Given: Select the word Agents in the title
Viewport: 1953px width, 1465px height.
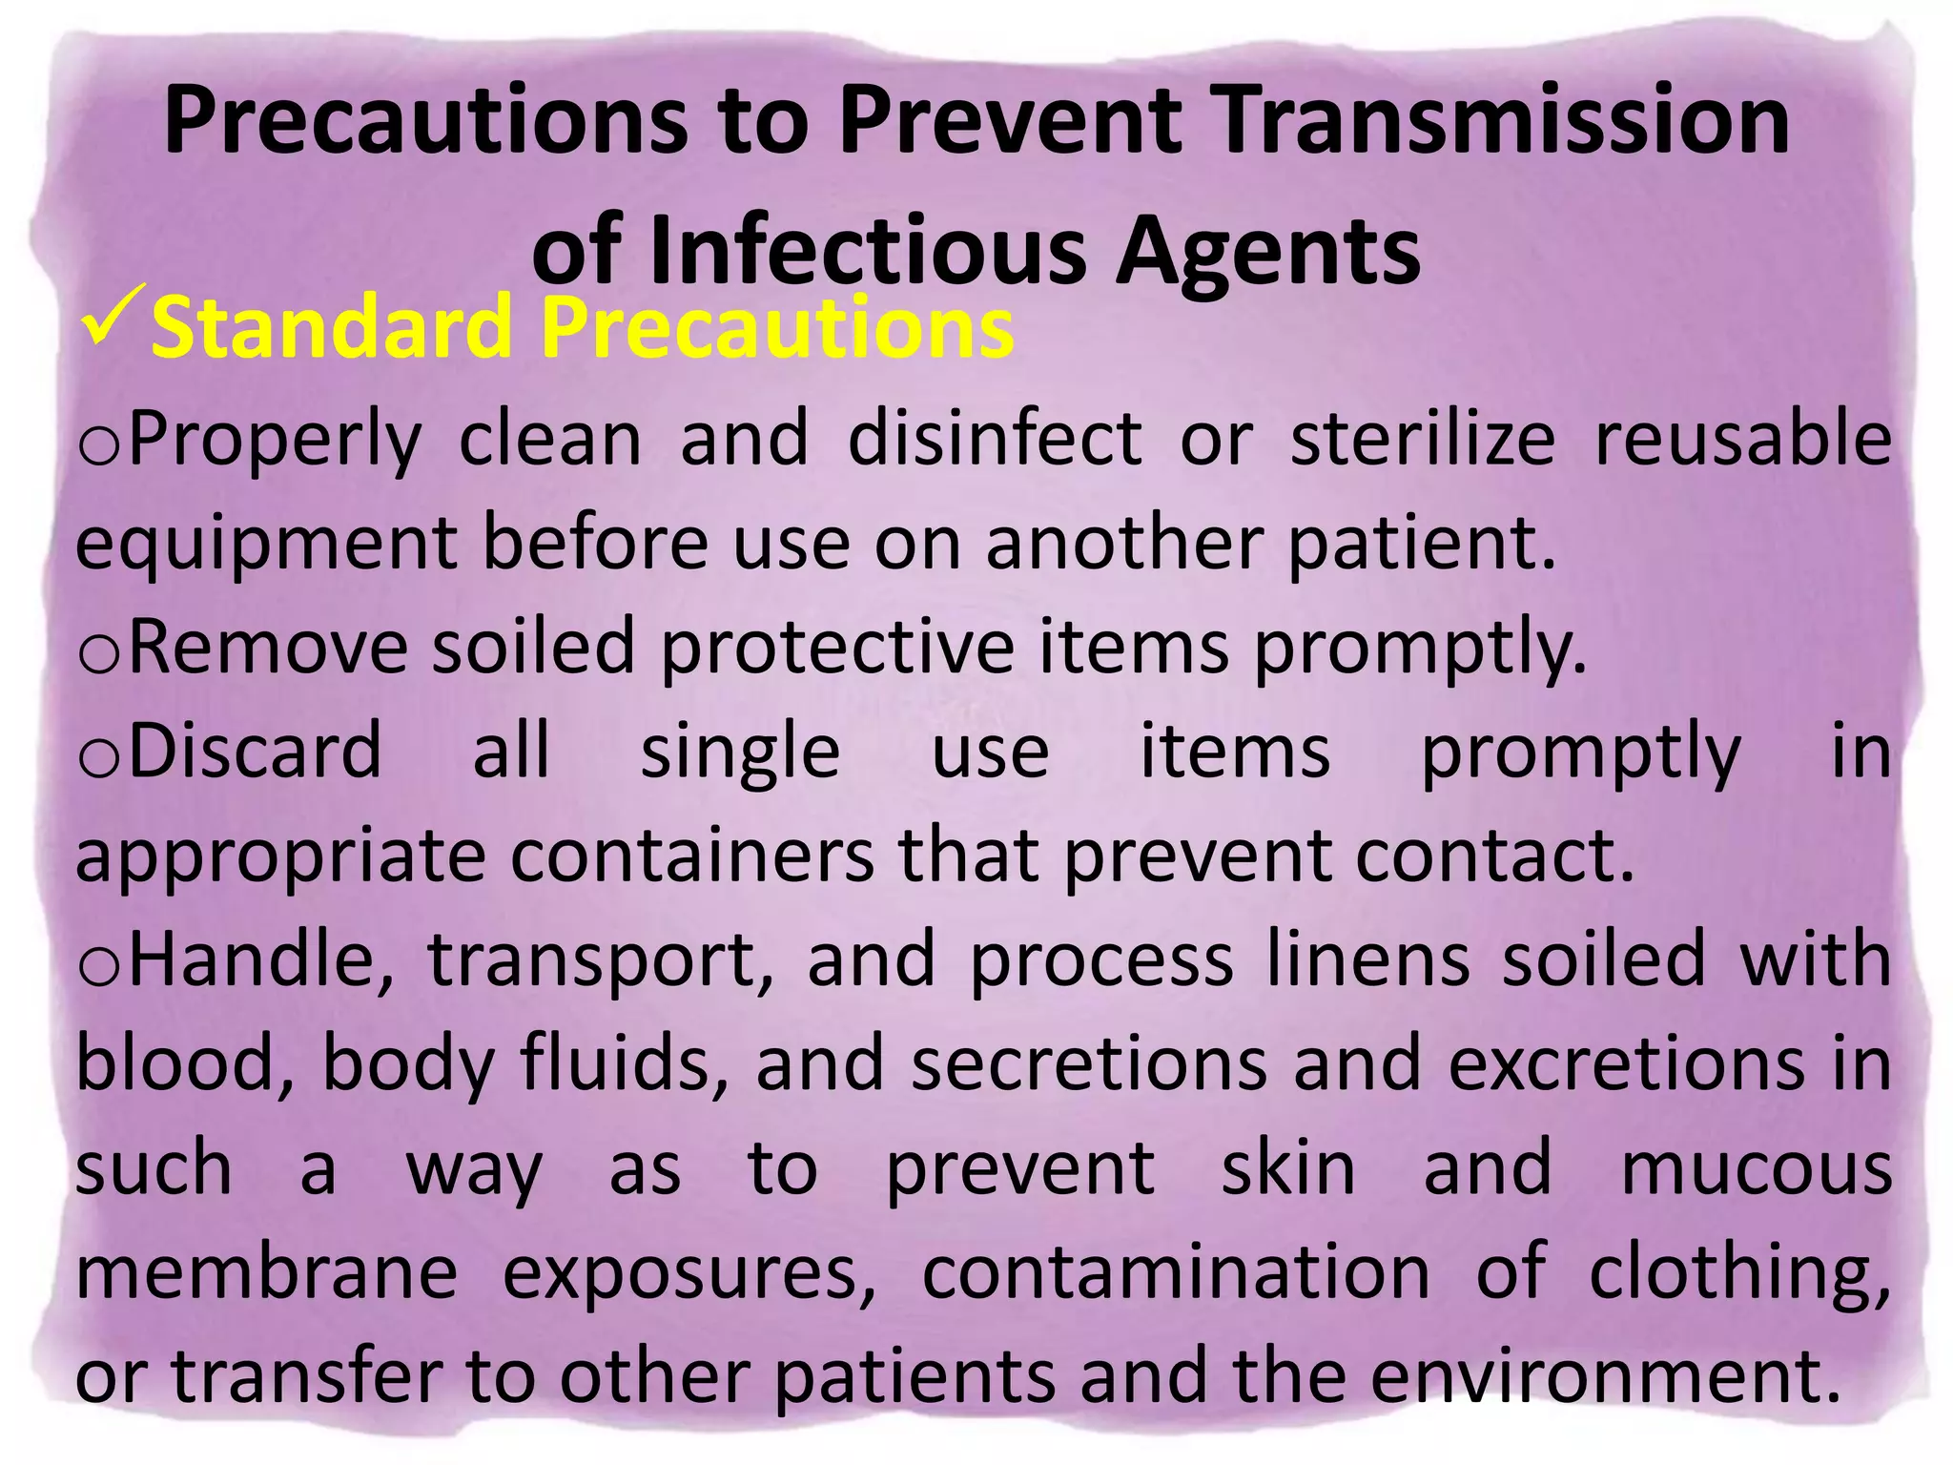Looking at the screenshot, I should click(x=1267, y=252).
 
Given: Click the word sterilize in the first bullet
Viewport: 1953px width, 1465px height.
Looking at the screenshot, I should click(x=1422, y=439).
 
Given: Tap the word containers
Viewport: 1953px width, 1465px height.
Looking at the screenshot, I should click(x=691, y=856).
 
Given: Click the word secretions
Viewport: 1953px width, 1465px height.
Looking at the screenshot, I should click(x=1088, y=1064).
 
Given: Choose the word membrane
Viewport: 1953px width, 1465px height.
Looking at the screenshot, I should click(x=266, y=1272).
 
